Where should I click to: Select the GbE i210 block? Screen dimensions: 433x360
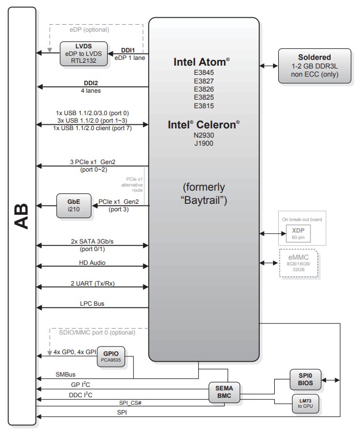[x=73, y=206]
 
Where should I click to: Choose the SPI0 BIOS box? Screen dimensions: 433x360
[x=305, y=378]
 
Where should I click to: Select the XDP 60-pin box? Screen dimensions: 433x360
[x=298, y=233]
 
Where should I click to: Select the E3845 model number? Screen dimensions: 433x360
[x=204, y=73]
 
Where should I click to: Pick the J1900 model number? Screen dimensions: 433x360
[x=204, y=143]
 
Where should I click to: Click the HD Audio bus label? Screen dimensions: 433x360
[x=92, y=263]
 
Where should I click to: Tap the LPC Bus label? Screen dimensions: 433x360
[x=92, y=303]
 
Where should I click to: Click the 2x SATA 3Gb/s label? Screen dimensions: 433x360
[x=92, y=241]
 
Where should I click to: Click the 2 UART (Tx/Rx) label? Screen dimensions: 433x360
[x=92, y=283]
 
